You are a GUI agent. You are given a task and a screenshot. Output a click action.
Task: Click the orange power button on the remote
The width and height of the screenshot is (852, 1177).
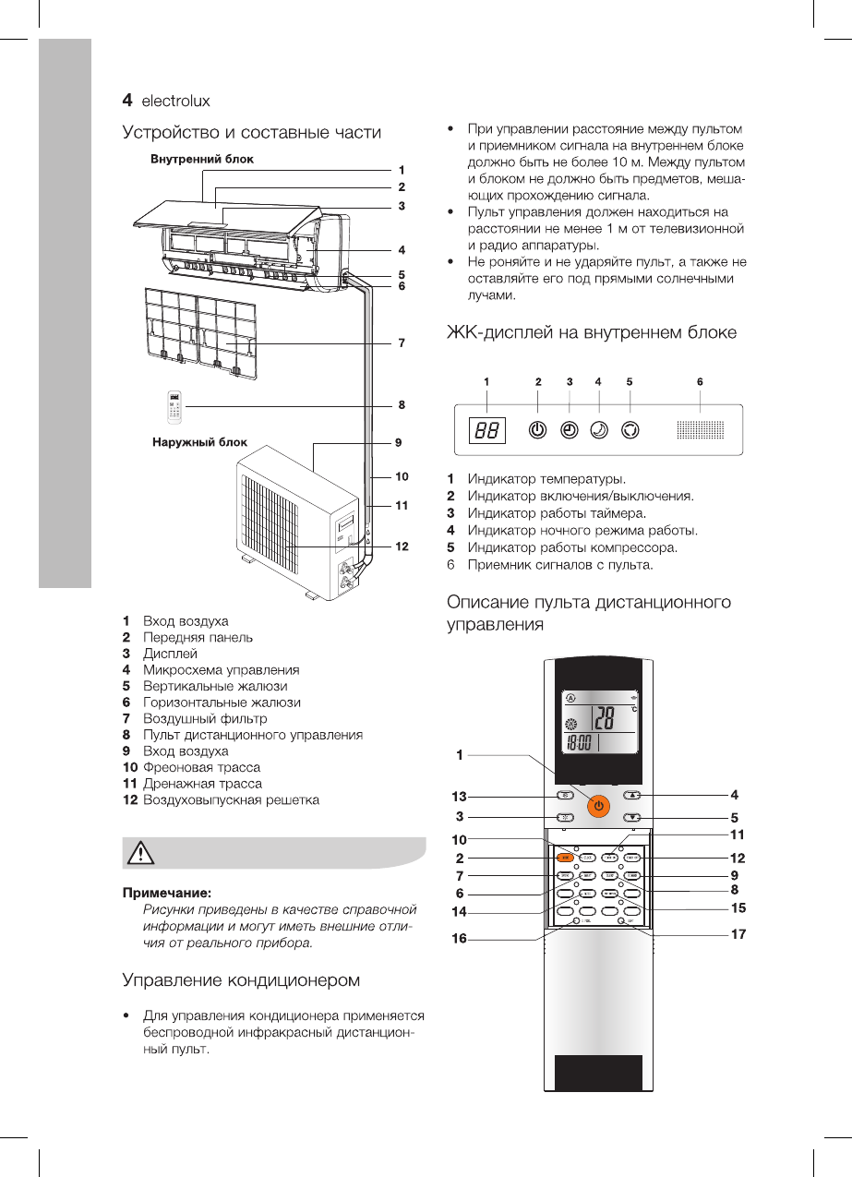(598, 805)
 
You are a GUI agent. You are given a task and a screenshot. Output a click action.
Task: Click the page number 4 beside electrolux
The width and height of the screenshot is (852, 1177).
(129, 99)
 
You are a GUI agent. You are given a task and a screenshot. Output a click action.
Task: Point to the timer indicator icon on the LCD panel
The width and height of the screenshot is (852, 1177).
(570, 430)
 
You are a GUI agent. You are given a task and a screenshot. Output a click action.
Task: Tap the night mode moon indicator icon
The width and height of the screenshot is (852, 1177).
(599, 430)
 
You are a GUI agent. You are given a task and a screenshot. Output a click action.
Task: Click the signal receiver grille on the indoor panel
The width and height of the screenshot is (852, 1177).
(700, 430)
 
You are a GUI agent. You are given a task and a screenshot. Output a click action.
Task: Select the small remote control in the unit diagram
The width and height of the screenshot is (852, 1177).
(174, 404)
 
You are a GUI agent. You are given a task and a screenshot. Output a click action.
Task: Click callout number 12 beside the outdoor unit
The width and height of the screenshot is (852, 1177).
(402, 546)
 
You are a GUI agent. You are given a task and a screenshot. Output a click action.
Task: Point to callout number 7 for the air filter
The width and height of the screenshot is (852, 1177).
(402, 343)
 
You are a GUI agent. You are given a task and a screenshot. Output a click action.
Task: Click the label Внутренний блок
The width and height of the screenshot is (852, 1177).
(202, 159)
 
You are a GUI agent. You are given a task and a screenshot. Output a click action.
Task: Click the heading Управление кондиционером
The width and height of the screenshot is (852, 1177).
(241, 979)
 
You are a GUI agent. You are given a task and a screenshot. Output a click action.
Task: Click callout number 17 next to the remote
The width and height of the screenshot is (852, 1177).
(737, 934)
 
